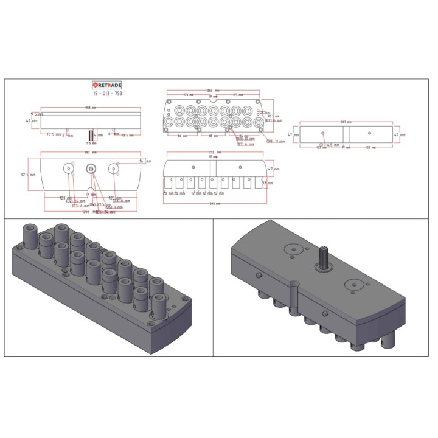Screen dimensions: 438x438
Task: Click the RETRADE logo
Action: pos(106,85)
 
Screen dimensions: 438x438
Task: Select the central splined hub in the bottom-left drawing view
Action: pos(91,169)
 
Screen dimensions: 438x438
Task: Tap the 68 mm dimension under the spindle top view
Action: pos(214,136)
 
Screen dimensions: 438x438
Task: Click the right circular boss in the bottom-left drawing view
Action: pos(114,169)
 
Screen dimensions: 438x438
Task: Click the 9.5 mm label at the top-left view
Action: pos(38,114)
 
